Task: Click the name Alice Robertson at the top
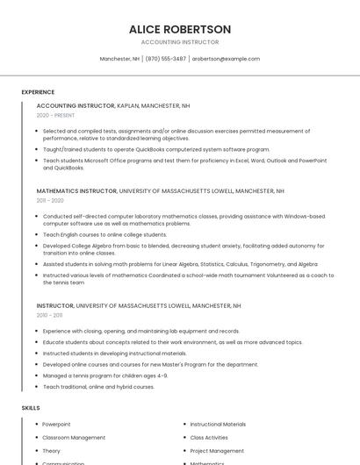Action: (180, 29)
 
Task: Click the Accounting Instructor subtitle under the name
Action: (180, 42)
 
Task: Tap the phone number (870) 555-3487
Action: (165, 59)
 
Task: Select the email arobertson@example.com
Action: (226, 59)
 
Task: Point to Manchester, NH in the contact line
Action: (119, 59)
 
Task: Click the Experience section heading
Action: (38, 92)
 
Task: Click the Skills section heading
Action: (31, 408)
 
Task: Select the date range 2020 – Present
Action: (55, 115)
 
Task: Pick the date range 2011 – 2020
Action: (49, 200)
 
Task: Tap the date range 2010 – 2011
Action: (49, 315)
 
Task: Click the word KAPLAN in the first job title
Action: (128, 105)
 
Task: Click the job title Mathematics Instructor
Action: (76, 190)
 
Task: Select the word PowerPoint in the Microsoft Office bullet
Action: (313, 161)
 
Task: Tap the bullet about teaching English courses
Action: (104, 234)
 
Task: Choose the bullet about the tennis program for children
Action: (105, 376)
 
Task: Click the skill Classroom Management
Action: (74, 437)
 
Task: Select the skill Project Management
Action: (217, 451)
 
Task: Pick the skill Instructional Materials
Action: (218, 424)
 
